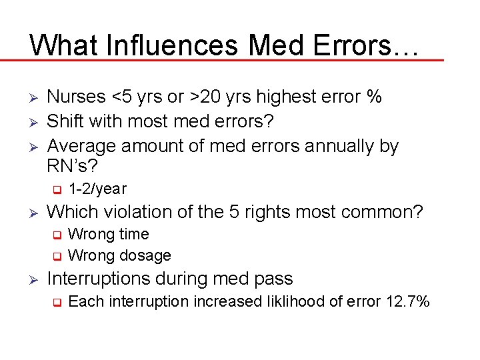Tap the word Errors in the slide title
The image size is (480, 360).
(363, 45)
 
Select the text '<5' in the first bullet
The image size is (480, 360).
(121, 97)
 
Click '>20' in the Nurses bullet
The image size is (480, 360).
(204, 97)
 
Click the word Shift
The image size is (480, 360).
(69, 121)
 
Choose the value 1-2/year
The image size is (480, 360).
(97, 189)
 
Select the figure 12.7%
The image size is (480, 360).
(408, 301)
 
